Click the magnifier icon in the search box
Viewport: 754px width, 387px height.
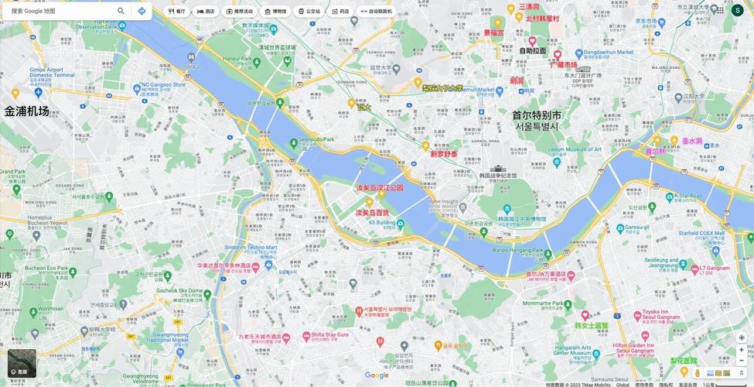[121, 11]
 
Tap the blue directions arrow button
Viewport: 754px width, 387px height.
[142, 11]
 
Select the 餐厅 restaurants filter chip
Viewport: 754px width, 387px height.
[177, 12]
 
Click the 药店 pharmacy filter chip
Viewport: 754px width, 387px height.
[340, 12]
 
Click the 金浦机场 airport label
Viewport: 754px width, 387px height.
[27, 111]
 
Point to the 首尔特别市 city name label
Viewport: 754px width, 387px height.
[537, 115]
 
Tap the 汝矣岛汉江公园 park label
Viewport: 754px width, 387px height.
[380, 187]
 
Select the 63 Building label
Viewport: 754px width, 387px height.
[382, 222]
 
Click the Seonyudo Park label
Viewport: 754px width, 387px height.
[317, 139]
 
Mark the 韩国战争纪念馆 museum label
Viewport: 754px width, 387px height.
[498, 175]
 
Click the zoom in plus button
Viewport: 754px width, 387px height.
[741, 350]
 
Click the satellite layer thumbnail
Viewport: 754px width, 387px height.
[22, 363]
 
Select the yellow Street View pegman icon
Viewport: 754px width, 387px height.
[697, 373]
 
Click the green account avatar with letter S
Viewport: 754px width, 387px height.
[737, 11]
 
